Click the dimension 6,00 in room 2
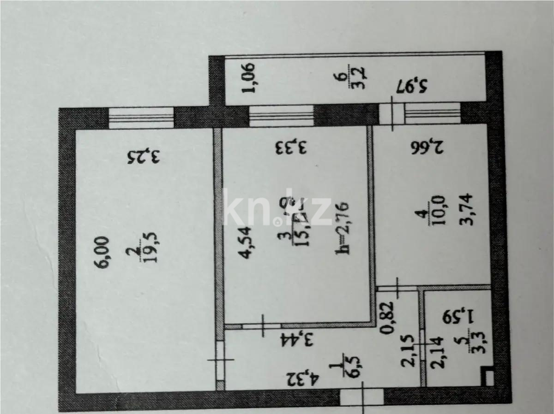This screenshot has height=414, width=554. click(103, 253)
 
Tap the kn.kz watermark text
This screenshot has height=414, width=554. click(277, 210)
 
